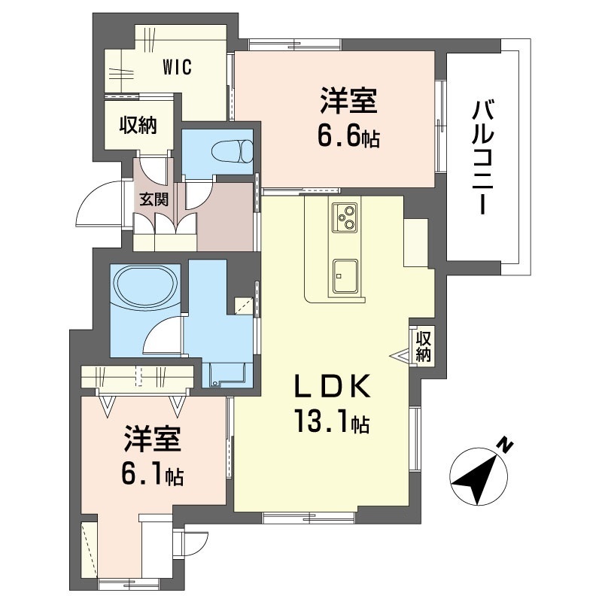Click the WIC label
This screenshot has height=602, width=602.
[x=177, y=68]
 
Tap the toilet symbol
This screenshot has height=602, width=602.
[x=232, y=151]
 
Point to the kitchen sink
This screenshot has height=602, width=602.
[x=345, y=275]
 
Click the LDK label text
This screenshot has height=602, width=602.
[x=332, y=386]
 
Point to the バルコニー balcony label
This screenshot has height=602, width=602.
[x=482, y=157]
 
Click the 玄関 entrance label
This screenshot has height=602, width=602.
[x=154, y=199]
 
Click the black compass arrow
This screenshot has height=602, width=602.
[x=479, y=476]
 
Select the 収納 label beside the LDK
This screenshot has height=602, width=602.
[x=423, y=346]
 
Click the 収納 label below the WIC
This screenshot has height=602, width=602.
[x=138, y=125]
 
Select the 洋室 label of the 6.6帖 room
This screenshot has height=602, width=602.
[x=348, y=101]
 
